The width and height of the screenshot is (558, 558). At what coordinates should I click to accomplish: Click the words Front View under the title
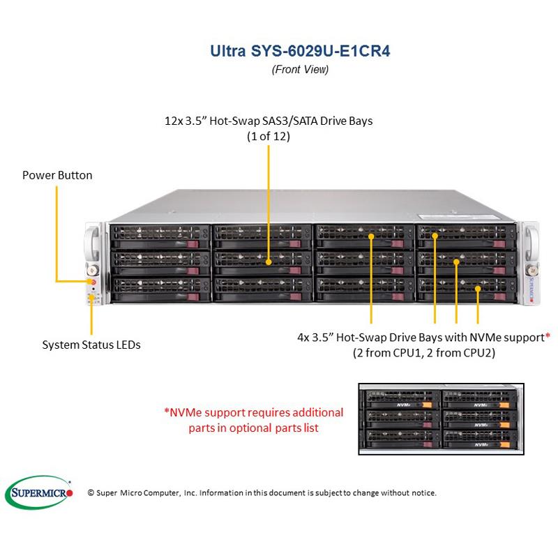299,69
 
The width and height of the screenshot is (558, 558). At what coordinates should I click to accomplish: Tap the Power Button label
57,175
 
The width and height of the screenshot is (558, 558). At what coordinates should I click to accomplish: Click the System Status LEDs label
91,345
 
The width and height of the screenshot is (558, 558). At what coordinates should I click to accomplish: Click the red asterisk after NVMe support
548,337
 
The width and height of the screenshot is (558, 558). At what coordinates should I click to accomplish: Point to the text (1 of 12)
269,137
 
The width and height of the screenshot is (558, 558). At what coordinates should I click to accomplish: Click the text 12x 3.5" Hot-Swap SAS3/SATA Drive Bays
269,121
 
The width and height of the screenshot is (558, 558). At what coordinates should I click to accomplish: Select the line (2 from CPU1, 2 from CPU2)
423,353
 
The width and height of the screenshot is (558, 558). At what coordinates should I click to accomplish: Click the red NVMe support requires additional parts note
253,420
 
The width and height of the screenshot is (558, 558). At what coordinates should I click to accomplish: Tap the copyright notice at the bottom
262,492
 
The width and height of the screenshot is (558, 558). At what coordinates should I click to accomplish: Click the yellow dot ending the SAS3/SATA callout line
269,263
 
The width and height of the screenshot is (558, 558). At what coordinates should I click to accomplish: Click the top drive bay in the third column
364,235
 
